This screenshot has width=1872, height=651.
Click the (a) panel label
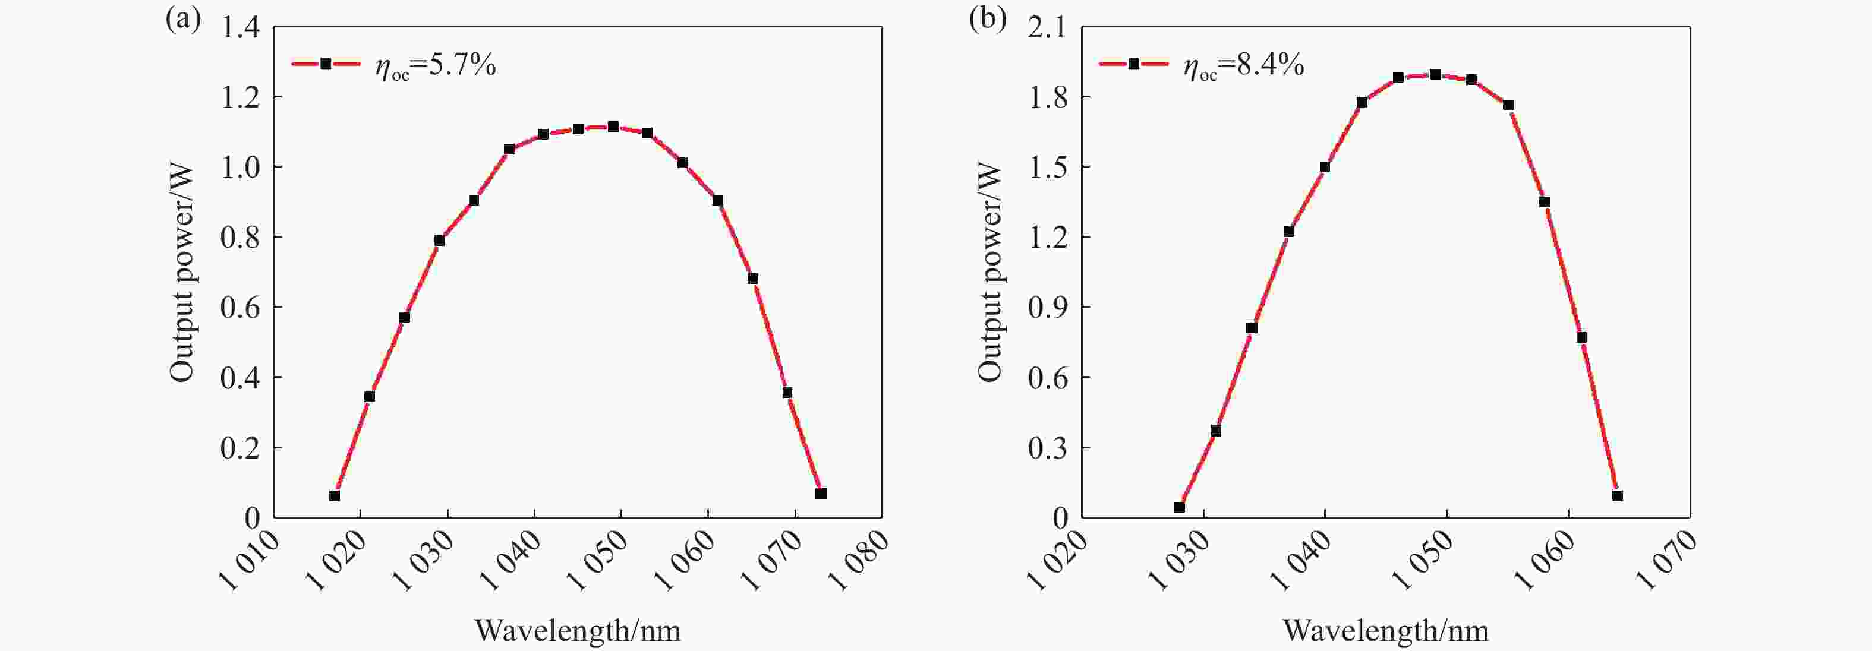[x=182, y=19]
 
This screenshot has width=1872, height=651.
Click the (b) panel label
[x=988, y=19]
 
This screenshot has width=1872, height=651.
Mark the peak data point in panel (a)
[x=613, y=127]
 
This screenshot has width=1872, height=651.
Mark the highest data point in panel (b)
[x=1435, y=74]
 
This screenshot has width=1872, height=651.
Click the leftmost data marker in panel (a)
[x=334, y=495]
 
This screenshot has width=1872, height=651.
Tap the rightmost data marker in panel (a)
[x=821, y=494]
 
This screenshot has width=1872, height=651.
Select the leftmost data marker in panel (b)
[x=1180, y=507]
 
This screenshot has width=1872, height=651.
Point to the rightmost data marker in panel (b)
[x=1618, y=495]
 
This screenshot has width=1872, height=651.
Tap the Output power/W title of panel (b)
[x=989, y=273]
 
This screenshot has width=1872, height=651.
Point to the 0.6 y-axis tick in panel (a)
[x=240, y=308]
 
